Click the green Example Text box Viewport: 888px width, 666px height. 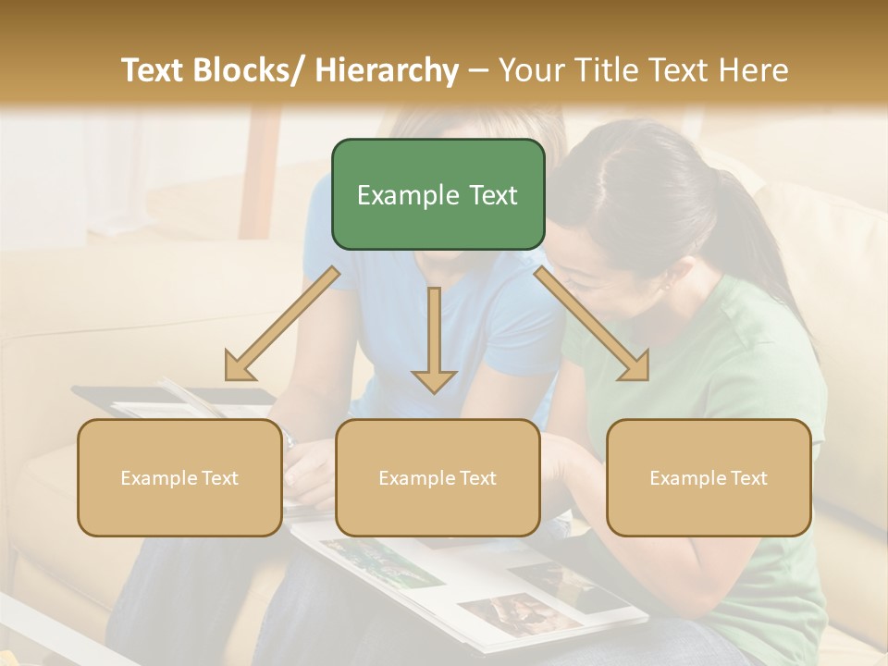pyautogui.click(x=438, y=194)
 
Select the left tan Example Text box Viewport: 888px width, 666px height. pyautogui.click(x=179, y=477)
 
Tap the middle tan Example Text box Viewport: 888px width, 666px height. pyautogui.click(x=438, y=477)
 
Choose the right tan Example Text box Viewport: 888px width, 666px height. pyautogui.click(x=709, y=477)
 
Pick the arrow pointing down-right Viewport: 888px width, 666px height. pyautogui.click(x=592, y=324)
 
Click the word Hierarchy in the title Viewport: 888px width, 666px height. pyautogui.click(x=387, y=70)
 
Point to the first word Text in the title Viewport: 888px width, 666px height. pyautogui.click(x=154, y=70)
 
